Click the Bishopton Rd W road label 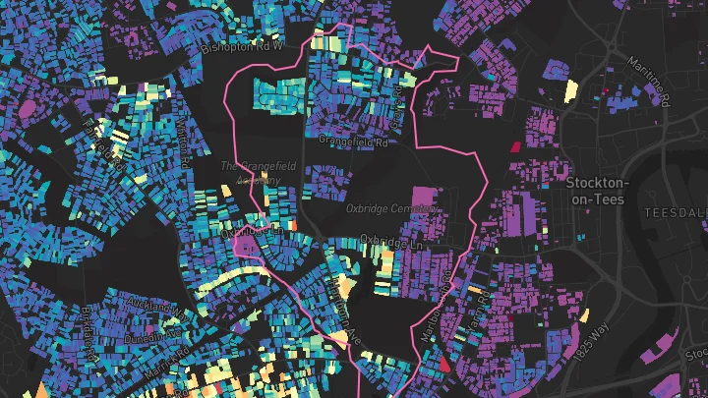242,46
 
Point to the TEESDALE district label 675,212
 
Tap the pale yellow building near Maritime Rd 570,91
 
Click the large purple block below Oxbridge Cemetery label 423,199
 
